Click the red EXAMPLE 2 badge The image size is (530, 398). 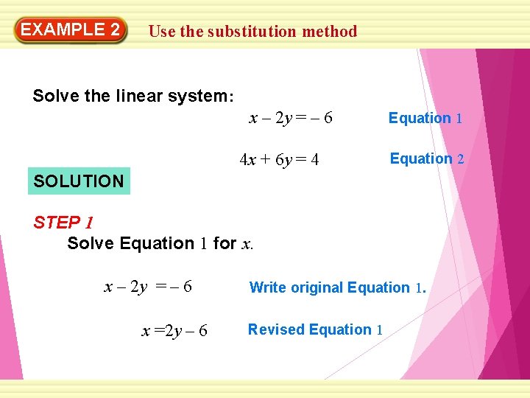pyautogui.click(x=70, y=30)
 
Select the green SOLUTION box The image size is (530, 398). pyautogui.click(x=79, y=181)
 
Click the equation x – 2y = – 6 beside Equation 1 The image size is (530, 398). pyautogui.click(x=291, y=118)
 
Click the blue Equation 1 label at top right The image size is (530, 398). pyautogui.click(x=425, y=118)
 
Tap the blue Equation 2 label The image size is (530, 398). pyautogui.click(x=426, y=158)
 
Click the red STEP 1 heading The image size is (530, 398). pyautogui.click(x=63, y=223)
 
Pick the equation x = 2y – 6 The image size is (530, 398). pyautogui.click(x=174, y=332)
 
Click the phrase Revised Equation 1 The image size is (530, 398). pyautogui.click(x=315, y=329)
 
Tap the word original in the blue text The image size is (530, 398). pyautogui.click(x=317, y=287)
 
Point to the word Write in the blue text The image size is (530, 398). pyautogui.click(x=268, y=287)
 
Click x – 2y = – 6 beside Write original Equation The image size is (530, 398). pyautogui.click(x=148, y=287)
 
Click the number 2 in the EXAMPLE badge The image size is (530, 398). pyautogui.click(x=113, y=30)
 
